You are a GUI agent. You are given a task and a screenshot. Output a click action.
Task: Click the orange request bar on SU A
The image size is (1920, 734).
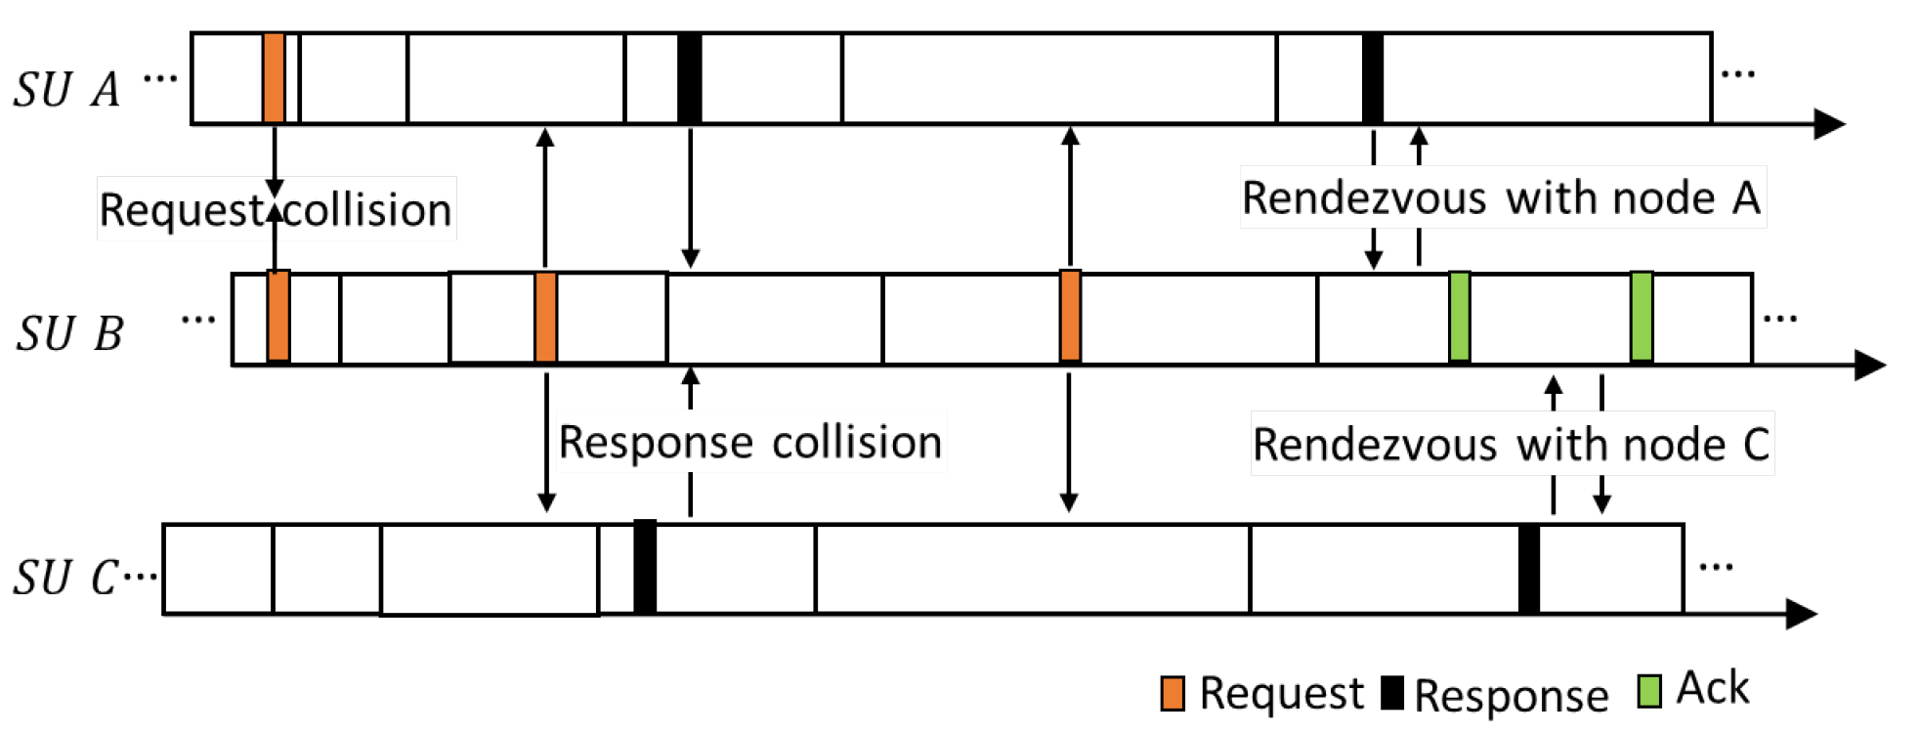coord(274,78)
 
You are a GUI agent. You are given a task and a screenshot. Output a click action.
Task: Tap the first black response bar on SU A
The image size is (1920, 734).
coord(689,78)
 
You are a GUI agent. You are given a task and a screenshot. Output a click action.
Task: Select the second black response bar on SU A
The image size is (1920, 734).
coord(1372,78)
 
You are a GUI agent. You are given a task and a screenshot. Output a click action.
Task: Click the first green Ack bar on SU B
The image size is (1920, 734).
coord(1459,318)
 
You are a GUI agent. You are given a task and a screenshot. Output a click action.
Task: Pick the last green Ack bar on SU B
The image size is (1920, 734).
coord(1642,318)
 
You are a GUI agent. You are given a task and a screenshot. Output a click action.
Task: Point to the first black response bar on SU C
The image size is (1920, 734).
coord(645,568)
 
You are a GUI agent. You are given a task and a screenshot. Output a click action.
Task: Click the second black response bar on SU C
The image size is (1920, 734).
coord(1529,568)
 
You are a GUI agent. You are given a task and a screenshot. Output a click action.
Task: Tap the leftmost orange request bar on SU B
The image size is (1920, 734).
coord(278,318)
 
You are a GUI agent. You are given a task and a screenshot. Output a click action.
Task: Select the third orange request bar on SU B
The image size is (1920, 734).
coord(1070,318)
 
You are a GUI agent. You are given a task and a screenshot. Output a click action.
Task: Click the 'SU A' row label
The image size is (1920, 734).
coord(66,90)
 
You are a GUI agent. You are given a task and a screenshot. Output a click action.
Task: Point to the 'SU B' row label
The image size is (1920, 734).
coord(69,334)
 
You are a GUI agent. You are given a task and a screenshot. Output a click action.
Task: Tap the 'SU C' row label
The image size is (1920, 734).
coord(66,578)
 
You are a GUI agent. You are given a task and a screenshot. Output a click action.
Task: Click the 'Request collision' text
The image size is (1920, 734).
coord(276,210)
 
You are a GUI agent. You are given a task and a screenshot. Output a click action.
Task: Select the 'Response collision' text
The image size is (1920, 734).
coord(749,443)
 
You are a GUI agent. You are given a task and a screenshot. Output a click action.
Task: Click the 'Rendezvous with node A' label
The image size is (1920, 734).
coord(1501,198)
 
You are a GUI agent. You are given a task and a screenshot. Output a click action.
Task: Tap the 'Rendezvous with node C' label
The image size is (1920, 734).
coord(1511,445)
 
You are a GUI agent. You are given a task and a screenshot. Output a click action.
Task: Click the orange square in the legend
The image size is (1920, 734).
coord(1173,693)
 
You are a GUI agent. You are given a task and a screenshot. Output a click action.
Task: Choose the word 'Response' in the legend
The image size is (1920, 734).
coord(1511,696)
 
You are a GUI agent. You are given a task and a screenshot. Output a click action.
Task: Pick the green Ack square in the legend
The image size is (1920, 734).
coord(1649,691)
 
